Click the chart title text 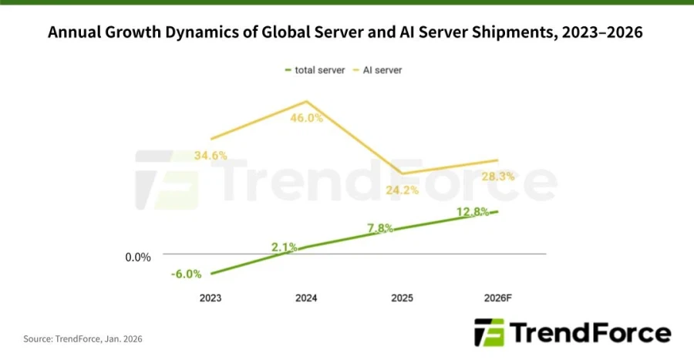[345, 33]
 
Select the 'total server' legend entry [315, 70]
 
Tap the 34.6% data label [211, 155]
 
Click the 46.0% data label [306, 118]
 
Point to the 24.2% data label [402, 189]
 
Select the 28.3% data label [498, 177]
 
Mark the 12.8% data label [473, 212]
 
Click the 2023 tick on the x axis [210, 298]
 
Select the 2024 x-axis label [305, 298]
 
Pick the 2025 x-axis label [402, 298]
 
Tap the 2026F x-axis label [497, 298]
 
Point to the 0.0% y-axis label [138, 257]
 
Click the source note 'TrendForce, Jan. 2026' [83, 338]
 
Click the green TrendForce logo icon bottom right [489, 332]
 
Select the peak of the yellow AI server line [306, 102]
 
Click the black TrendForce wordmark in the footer [591, 332]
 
